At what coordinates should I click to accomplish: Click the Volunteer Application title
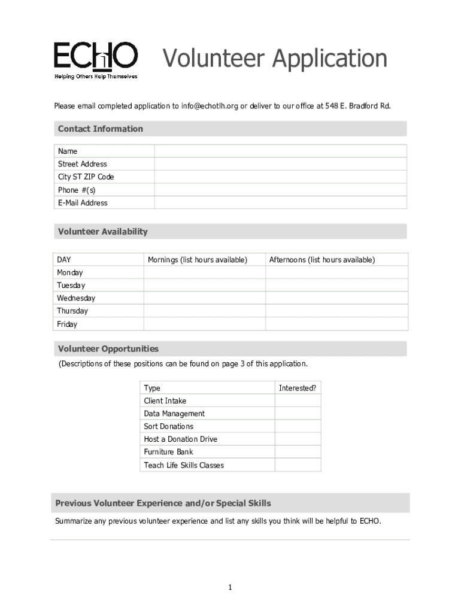pos(275,59)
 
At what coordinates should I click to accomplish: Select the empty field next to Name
pos(280,151)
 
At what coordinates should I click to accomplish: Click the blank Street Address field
pos(280,164)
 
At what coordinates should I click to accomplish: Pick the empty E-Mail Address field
pos(280,203)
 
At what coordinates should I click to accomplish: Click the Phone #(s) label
pos(77,190)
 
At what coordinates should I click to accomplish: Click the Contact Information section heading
pos(101,129)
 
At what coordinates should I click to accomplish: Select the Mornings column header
pos(198,260)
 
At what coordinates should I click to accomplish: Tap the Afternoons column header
pos(322,260)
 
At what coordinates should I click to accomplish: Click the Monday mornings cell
pos(204,273)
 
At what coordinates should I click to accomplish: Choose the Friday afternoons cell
pos(336,324)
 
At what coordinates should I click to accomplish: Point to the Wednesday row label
pos(76,298)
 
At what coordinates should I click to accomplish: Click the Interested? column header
pos(298,388)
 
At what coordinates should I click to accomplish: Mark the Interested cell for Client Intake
pos(298,401)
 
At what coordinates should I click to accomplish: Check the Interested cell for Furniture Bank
pos(298,452)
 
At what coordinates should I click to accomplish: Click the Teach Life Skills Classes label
pos(184,465)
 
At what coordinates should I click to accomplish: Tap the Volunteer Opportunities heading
pos(108,349)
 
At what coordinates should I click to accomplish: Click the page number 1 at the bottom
pos(229,588)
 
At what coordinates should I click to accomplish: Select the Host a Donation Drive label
pos(181,439)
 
